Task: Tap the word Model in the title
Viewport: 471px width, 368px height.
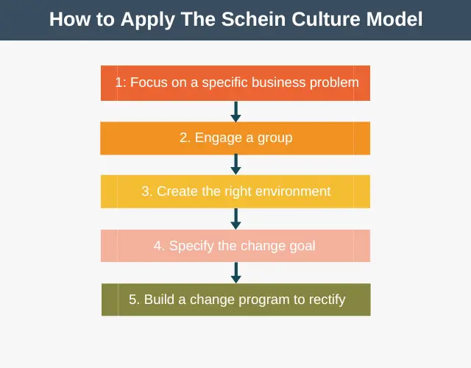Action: point(394,19)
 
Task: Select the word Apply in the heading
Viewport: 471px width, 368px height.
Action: point(148,20)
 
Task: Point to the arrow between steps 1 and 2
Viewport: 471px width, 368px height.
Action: point(235,111)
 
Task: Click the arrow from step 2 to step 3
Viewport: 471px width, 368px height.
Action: point(235,164)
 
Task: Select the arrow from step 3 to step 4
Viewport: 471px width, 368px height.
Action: point(235,219)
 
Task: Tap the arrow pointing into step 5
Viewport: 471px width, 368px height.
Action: point(235,273)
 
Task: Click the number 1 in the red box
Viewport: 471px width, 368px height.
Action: point(119,82)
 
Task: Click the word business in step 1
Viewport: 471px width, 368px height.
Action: point(279,82)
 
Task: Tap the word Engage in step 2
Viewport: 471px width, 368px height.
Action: point(219,138)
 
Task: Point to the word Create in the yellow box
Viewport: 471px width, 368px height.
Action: point(177,191)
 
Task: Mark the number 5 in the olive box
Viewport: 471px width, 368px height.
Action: point(132,300)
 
